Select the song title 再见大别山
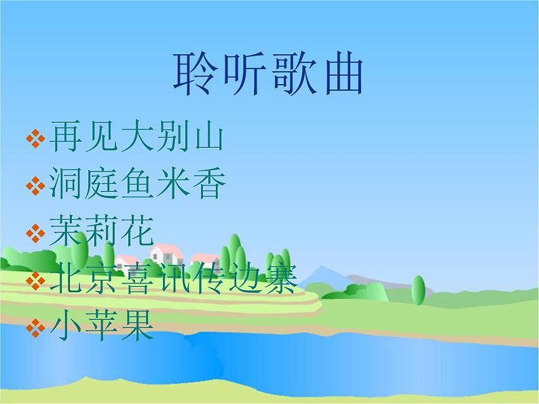[136, 138]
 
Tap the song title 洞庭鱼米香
[136, 184]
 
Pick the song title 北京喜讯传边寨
[172, 281]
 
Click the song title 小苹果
[102, 327]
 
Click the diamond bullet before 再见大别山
[33, 139]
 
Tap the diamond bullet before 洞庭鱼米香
[33, 185]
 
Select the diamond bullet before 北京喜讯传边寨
[33, 281]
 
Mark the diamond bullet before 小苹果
[33, 329]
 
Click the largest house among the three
[166, 254]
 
